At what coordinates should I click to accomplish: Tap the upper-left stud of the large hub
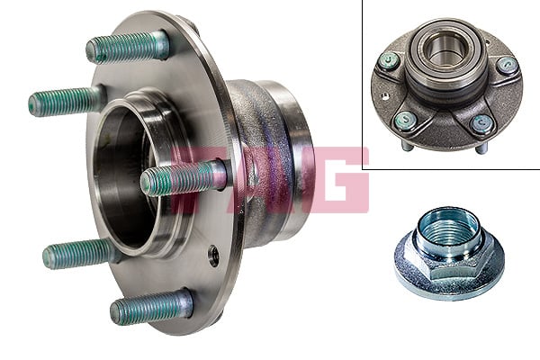click(67, 101)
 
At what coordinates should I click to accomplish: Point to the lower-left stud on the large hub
click(81, 254)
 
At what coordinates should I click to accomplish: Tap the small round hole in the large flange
click(213, 255)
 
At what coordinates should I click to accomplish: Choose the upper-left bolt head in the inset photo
click(389, 61)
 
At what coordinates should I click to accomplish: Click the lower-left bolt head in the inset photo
click(406, 121)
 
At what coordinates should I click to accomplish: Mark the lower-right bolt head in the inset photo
click(482, 124)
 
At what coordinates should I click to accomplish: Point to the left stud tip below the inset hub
click(407, 146)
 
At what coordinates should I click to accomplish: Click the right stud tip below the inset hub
click(481, 148)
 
